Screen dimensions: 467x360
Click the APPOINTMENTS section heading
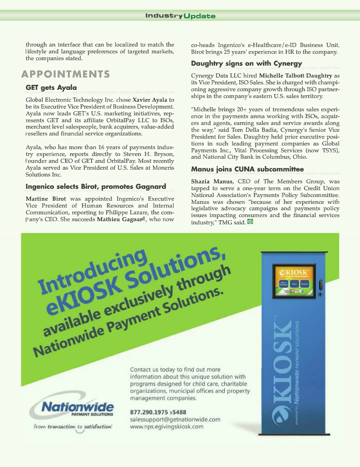66,74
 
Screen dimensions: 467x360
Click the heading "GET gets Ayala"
51,87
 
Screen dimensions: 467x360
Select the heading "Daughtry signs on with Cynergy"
246,63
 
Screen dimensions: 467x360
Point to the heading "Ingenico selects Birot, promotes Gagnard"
96,187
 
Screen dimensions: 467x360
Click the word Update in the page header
200,16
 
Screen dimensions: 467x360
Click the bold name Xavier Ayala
149,99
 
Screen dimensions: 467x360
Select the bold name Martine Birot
46,199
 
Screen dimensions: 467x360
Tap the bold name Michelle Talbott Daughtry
295,75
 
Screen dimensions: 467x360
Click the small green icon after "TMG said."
250,222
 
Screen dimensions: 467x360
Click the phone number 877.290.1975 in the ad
149,412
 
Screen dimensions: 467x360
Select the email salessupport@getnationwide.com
175,419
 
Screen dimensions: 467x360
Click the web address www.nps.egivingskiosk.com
167,426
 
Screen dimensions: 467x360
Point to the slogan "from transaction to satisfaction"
73,427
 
